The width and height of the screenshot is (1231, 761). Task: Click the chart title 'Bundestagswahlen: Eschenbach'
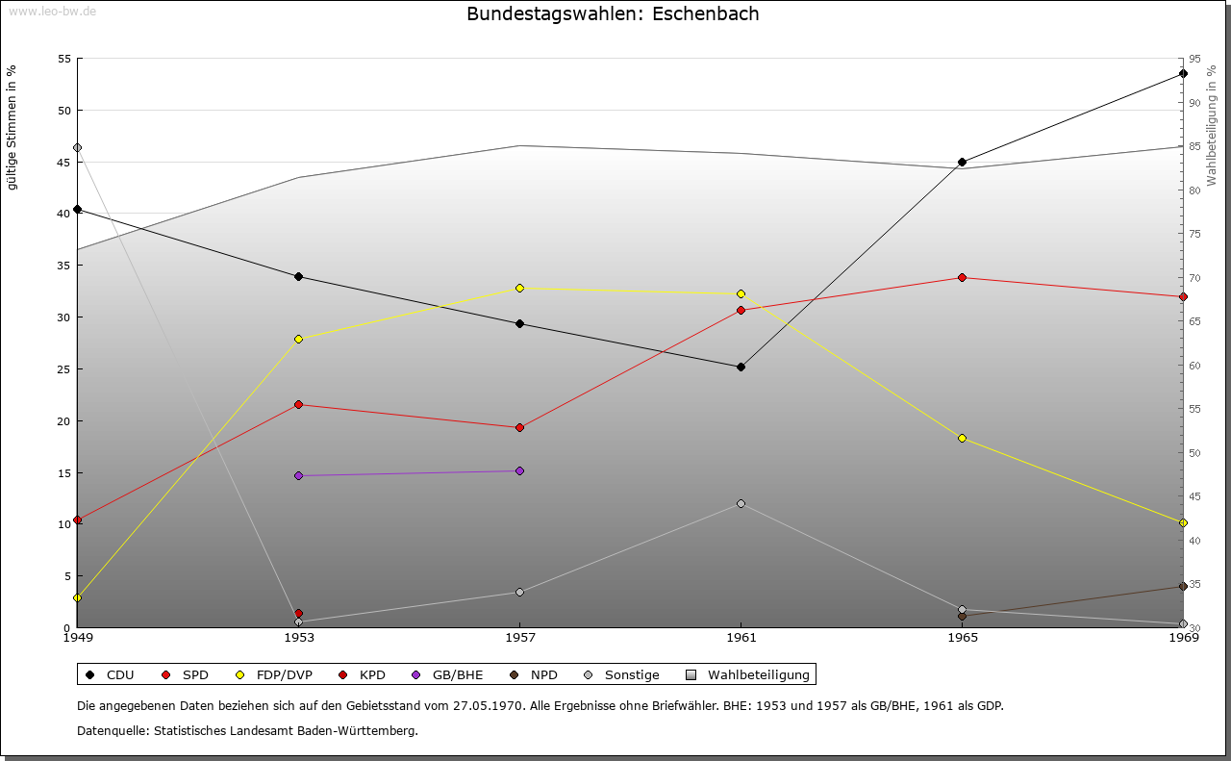tap(613, 14)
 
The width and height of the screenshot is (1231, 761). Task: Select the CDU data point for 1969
tap(1183, 74)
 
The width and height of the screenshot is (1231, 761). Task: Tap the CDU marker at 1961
tap(741, 367)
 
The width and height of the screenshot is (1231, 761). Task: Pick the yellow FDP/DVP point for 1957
tap(519, 288)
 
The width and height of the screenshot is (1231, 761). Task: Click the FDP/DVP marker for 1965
tap(962, 439)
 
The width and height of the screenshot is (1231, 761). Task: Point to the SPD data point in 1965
tap(962, 278)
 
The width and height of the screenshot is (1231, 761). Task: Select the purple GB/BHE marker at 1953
tap(298, 476)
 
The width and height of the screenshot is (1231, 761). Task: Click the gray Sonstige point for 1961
tap(741, 503)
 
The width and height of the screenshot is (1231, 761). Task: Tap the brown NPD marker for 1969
tap(1183, 587)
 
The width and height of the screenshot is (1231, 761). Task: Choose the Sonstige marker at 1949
tap(77, 148)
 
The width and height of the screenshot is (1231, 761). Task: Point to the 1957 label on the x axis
tap(519, 637)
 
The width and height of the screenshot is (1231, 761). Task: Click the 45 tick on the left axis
tap(64, 162)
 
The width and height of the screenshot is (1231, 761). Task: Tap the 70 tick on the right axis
tap(1195, 278)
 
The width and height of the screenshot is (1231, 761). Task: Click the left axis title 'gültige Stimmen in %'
tap(12, 127)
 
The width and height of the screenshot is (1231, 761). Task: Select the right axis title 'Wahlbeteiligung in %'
tap(1212, 125)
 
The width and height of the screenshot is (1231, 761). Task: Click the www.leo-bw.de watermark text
tap(51, 11)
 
